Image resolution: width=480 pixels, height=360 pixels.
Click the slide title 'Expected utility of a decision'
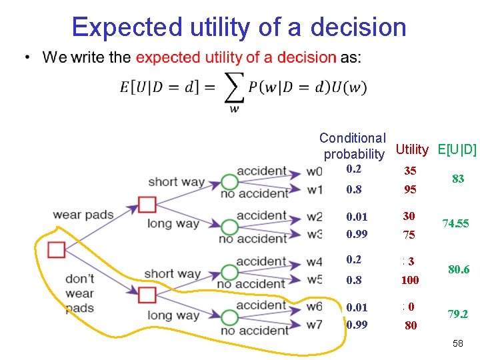pyautogui.click(x=239, y=27)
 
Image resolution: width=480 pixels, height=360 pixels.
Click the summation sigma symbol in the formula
pyautogui.click(x=234, y=87)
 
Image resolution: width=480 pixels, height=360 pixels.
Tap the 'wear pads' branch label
pyautogui.click(x=83, y=215)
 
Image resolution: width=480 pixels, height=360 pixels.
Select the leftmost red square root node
pyautogui.click(x=57, y=250)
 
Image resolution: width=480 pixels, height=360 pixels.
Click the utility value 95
pyautogui.click(x=410, y=189)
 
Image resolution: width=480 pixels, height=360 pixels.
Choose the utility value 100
pyautogui.click(x=410, y=281)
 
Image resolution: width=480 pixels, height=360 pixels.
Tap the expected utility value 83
pyautogui.click(x=458, y=179)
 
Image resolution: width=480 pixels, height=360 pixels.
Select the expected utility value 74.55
pyautogui.click(x=455, y=224)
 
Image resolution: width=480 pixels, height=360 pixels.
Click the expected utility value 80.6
pyautogui.click(x=459, y=270)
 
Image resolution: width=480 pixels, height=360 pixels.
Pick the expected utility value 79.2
pyautogui.click(x=457, y=313)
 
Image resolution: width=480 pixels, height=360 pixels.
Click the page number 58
pyautogui.click(x=457, y=343)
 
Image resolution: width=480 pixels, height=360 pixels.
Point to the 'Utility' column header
pyautogui.click(x=412, y=149)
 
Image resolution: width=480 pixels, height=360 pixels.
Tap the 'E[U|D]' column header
pyautogui.click(x=457, y=149)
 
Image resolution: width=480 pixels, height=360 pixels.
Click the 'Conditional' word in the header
pyautogui.click(x=353, y=138)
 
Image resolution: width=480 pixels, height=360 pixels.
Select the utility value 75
pyautogui.click(x=409, y=235)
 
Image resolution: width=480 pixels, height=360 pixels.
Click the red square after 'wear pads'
pyautogui.click(x=147, y=204)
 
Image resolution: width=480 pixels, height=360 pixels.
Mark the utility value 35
pyautogui.click(x=410, y=171)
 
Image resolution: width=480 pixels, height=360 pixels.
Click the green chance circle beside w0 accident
pyautogui.click(x=229, y=181)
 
